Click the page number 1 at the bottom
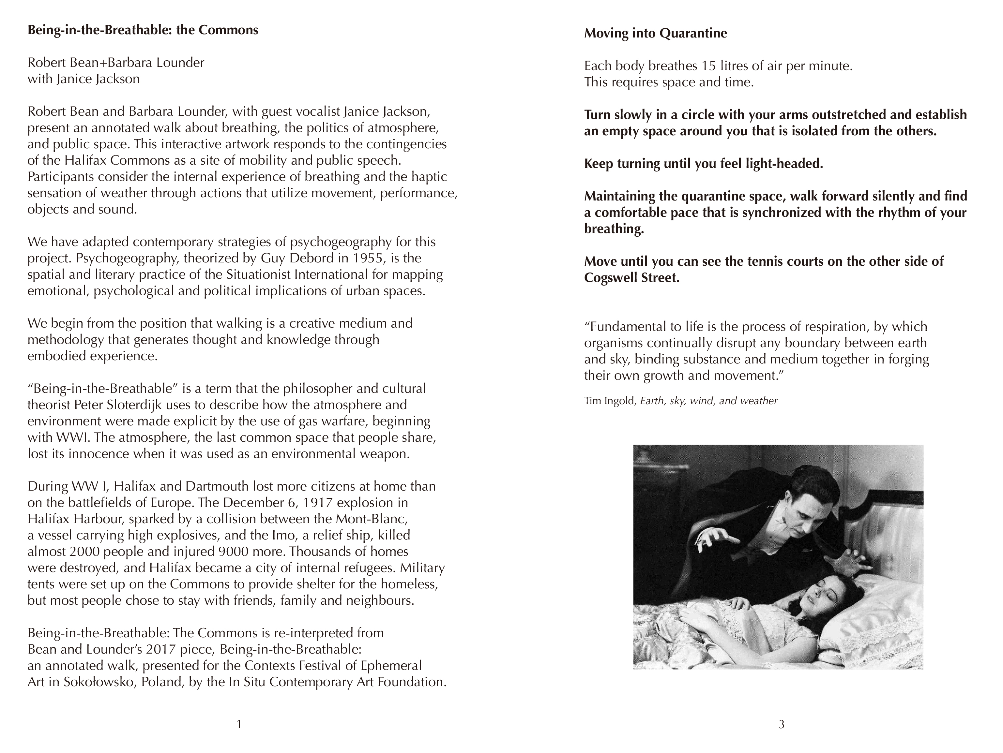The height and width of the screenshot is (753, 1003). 239,724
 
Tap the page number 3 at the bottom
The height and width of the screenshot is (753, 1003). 781,724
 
